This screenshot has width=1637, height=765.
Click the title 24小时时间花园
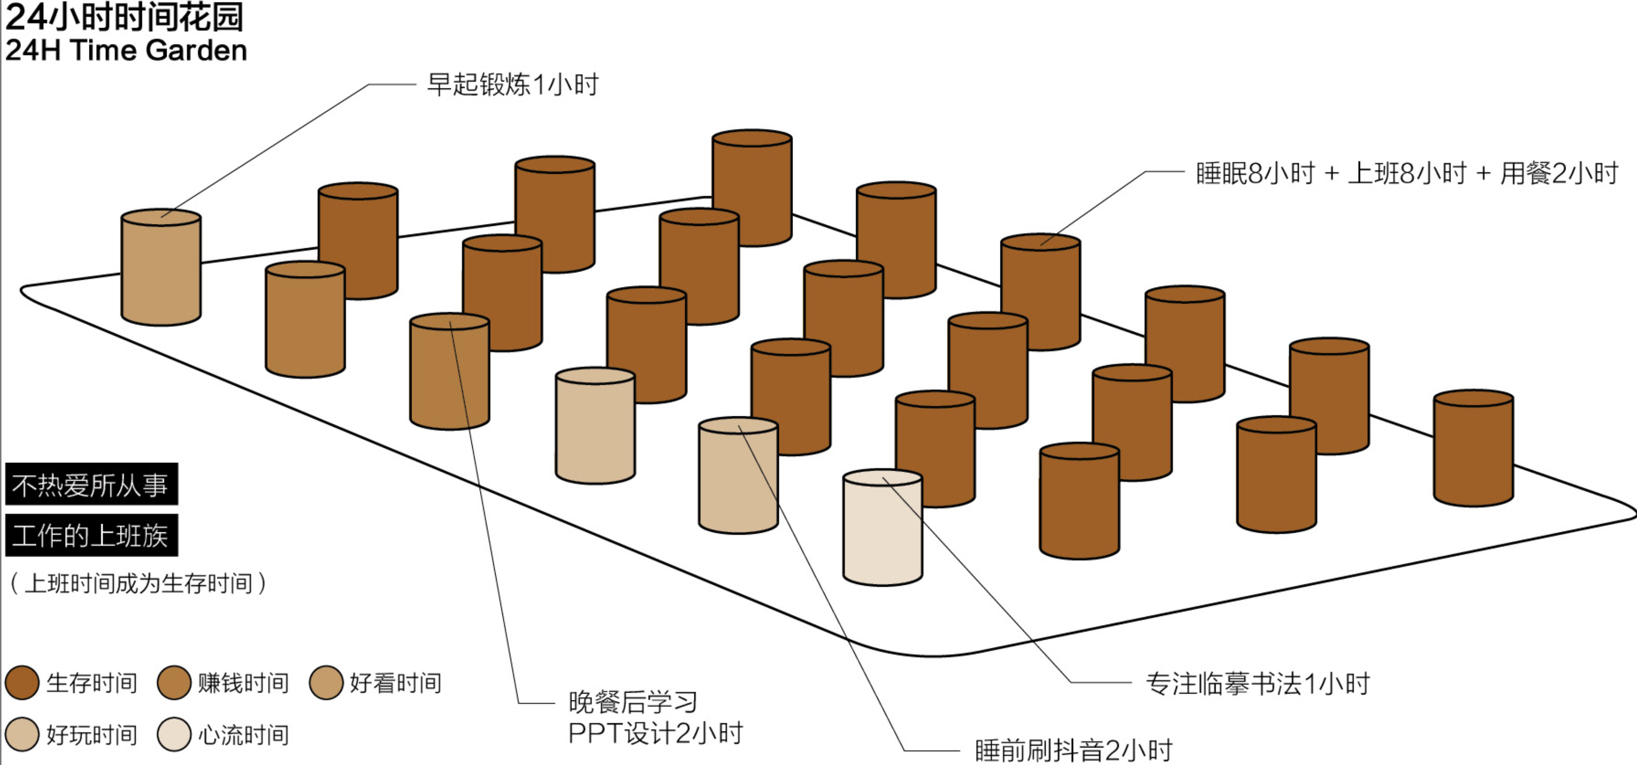tap(124, 17)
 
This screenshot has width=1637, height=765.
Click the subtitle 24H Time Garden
tap(126, 50)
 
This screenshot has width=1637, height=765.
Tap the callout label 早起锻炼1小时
tap(512, 85)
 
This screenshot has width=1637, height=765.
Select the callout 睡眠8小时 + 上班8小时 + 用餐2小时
tap(1406, 173)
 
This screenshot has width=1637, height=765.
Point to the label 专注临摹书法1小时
tap(1258, 684)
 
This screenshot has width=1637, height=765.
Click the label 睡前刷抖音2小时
tap(1073, 750)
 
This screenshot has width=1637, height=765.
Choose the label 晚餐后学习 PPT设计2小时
tap(655, 717)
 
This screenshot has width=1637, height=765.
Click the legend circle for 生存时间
tap(22, 683)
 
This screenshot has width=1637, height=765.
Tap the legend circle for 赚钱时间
tap(174, 683)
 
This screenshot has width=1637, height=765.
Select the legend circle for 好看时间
tap(326, 683)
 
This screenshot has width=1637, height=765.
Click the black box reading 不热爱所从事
tap(91, 484)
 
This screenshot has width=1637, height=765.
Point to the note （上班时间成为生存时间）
tap(137, 583)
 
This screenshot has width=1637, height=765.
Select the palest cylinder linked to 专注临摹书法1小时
tap(883, 527)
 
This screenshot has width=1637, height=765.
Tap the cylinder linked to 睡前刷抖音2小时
tap(739, 475)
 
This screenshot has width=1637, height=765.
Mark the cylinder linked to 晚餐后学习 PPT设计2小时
tap(450, 372)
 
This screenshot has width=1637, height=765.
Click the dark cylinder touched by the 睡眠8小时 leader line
tap(1041, 292)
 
